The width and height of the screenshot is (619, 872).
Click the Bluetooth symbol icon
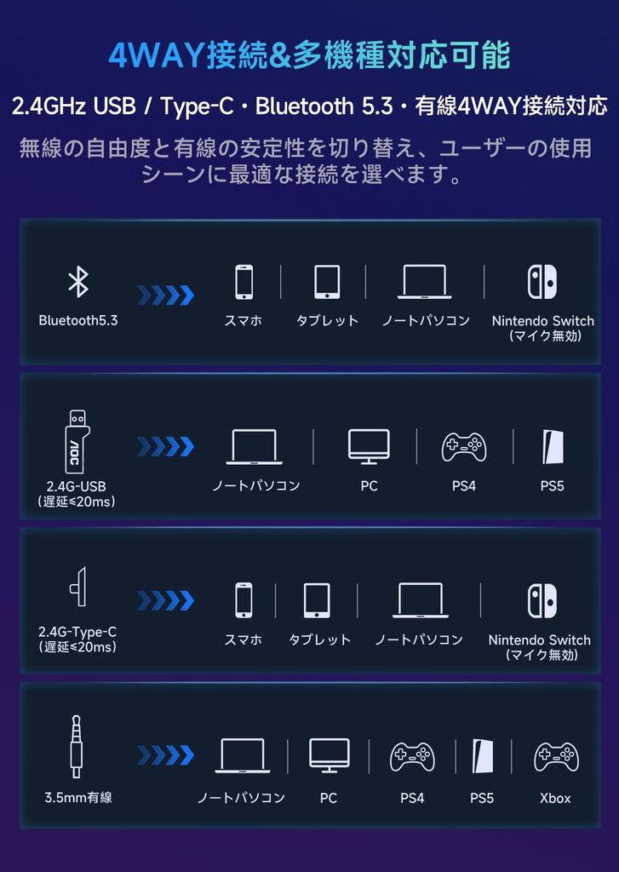[x=78, y=282]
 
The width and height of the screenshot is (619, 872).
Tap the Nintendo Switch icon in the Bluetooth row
[x=542, y=282]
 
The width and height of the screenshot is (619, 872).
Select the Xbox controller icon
[x=555, y=755]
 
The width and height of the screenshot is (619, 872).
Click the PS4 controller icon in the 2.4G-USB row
[x=463, y=446]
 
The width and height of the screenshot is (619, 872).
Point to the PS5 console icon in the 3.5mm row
[x=482, y=755]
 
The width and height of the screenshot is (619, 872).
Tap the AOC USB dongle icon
[x=77, y=441]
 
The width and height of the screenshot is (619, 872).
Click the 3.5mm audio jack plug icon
[x=77, y=746]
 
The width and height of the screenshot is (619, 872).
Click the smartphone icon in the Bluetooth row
[x=244, y=282]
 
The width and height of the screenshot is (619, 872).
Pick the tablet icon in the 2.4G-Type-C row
[x=317, y=600]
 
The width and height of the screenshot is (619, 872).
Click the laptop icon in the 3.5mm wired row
[x=243, y=755]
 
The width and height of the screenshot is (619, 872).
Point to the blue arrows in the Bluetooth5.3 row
[x=165, y=295]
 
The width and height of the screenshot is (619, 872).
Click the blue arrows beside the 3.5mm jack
[x=165, y=755]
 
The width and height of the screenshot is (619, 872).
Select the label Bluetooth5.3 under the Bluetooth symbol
[x=78, y=321]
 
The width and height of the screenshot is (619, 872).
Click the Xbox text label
[x=555, y=799]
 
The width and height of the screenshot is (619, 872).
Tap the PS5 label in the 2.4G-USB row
[x=552, y=486]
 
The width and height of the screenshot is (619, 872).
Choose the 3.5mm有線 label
[x=78, y=798]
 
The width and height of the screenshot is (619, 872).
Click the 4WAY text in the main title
[x=158, y=55]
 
